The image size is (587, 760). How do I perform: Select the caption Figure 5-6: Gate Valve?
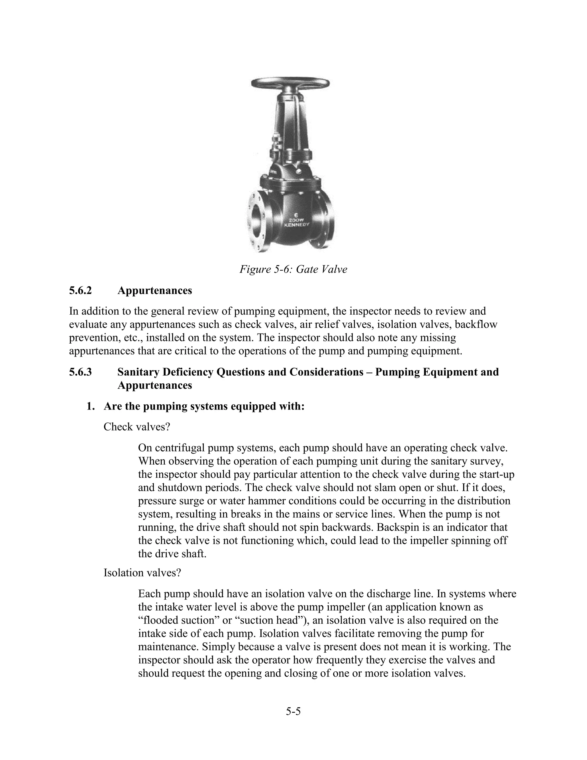coord(293,269)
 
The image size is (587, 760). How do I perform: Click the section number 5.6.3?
coord(80,372)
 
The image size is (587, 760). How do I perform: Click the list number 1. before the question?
coord(90,406)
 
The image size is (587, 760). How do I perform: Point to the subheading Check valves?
coord(137,427)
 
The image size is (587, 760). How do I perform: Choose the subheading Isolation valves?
coord(142,573)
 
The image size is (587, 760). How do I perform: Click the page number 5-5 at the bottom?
coord(293,711)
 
